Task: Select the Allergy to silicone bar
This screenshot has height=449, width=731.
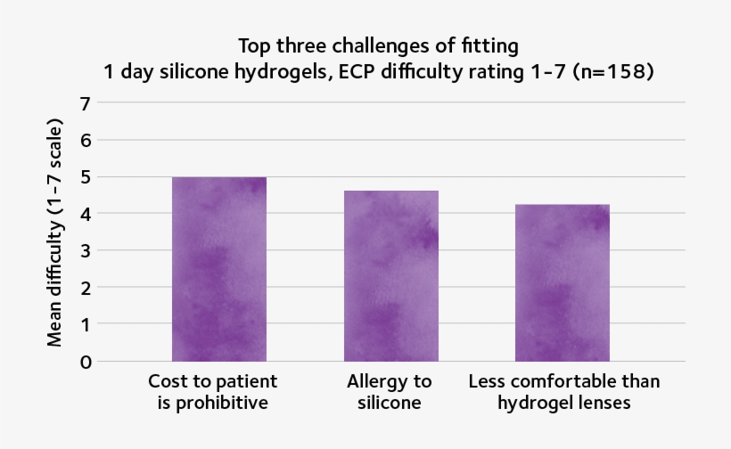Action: pyautogui.click(x=391, y=276)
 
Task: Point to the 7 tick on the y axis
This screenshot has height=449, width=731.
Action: pyautogui.click(x=86, y=102)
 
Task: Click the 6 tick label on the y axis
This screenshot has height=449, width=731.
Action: pyautogui.click(x=86, y=140)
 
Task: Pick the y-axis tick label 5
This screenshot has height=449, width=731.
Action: pyautogui.click(x=86, y=176)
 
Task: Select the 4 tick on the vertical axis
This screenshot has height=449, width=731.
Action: pyautogui.click(x=86, y=214)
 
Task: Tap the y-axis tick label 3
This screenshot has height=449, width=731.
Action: pyautogui.click(x=86, y=251)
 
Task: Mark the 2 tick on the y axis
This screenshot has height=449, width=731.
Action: pyautogui.click(x=86, y=288)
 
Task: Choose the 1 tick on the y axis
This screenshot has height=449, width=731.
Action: pyautogui.click(x=86, y=325)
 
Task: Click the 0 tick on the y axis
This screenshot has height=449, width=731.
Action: pyautogui.click(x=86, y=363)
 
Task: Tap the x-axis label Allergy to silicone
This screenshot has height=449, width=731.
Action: pyautogui.click(x=390, y=392)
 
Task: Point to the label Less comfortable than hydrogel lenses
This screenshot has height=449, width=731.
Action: pyautogui.click(x=563, y=392)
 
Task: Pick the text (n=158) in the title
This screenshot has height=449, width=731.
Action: pyautogui.click(x=615, y=72)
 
